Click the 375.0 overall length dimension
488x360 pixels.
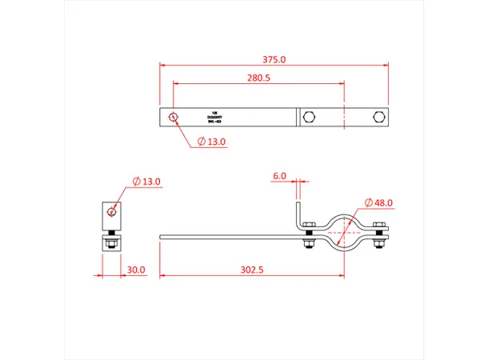click(274, 59)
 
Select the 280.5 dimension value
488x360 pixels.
click(259, 78)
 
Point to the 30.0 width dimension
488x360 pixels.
click(136, 270)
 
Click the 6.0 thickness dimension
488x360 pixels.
click(279, 175)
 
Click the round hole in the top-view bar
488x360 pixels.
click(173, 118)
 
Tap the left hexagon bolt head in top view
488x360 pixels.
click(310, 118)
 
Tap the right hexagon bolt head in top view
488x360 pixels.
click(378, 118)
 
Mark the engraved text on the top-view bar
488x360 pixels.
click(214, 118)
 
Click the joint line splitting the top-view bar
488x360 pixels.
click(298, 118)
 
